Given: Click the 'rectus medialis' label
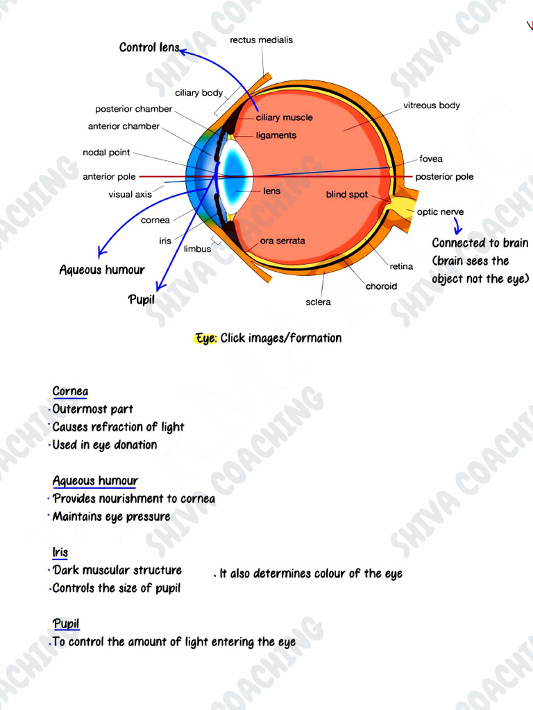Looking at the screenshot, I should click(x=261, y=40).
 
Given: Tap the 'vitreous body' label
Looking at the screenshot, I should click(x=431, y=105).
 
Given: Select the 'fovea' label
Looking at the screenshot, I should click(x=430, y=159).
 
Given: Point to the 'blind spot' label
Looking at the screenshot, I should click(x=346, y=195).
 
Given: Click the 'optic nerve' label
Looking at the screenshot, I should click(x=440, y=212).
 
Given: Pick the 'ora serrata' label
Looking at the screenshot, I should click(x=282, y=241).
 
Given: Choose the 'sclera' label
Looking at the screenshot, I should click(x=318, y=302).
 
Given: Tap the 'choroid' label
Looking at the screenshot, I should click(x=381, y=286).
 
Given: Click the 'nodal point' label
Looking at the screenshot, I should click(x=106, y=153).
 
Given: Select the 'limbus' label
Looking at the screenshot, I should click(x=197, y=249).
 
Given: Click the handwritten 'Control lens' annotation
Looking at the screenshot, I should click(x=149, y=47).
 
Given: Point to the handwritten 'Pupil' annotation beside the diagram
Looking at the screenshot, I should click(x=142, y=300).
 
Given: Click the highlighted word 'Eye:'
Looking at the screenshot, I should click(x=206, y=338).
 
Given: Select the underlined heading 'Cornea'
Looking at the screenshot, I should click(x=70, y=391).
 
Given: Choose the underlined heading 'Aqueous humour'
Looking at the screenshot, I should click(x=95, y=480).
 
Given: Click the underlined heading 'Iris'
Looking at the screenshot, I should click(x=60, y=552).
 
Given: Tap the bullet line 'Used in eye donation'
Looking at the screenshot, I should click(x=105, y=444).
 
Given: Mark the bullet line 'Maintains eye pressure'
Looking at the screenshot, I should click(x=111, y=517).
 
